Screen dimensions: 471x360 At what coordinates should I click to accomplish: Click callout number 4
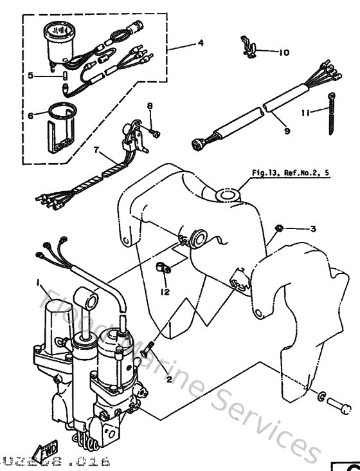(x=201, y=43)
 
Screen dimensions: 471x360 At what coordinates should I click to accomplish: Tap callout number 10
(x=284, y=53)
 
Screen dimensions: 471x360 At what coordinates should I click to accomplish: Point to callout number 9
(x=287, y=131)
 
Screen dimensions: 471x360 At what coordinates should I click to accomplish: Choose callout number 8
(x=150, y=106)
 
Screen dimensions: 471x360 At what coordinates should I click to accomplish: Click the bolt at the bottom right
(x=338, y=406)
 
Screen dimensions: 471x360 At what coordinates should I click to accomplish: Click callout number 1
(x=38, y=283)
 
